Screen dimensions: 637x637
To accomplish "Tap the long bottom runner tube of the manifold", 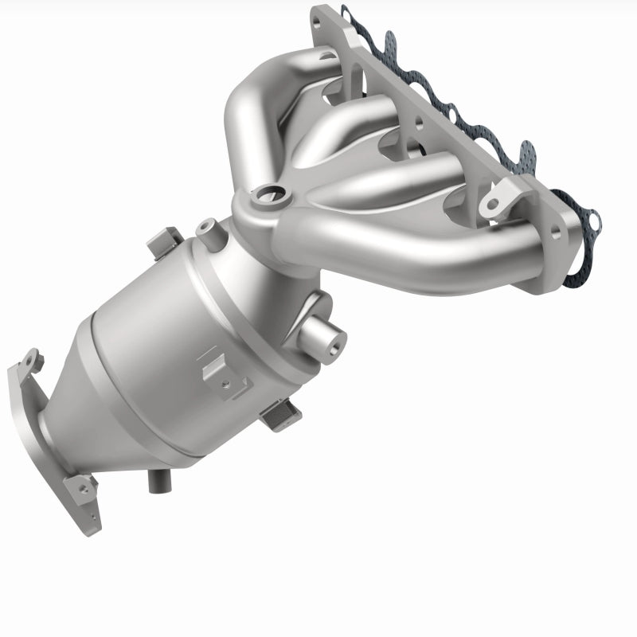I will [x=414, y=255].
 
